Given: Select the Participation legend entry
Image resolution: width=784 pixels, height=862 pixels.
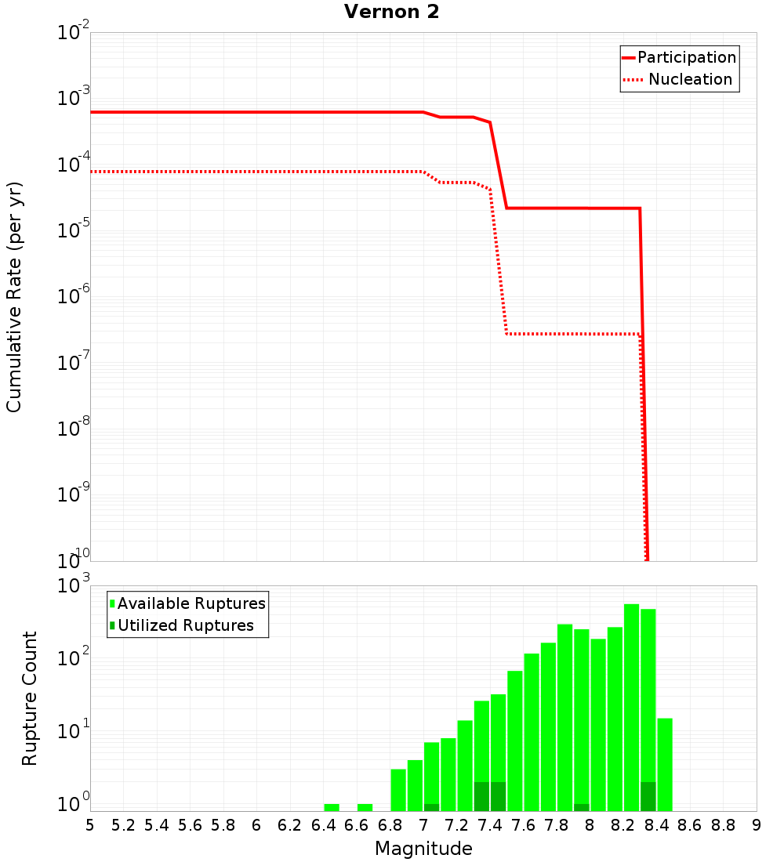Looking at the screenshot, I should click(x=687, y=57).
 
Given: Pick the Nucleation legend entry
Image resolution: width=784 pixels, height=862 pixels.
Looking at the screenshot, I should click(x=690, y=79).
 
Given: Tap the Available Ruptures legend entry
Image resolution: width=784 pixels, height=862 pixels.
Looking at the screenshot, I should click(x=191, y=603).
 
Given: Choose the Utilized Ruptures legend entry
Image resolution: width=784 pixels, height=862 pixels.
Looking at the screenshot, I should click(x=185, y=625).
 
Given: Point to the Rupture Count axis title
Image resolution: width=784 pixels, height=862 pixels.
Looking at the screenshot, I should click(x=30, y=698).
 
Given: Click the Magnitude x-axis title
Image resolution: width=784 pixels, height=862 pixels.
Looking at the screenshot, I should click(x=423, y=849).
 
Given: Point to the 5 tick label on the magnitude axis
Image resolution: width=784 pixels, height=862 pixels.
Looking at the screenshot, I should click(x=90, y=825).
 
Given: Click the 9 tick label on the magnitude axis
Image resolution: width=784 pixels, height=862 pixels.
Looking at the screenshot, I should click(x=757, y=825).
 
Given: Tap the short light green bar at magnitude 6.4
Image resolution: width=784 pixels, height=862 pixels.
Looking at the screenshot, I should click(x=332, y=807).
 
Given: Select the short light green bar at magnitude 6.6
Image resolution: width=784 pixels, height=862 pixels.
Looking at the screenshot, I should click(x=365, y=807).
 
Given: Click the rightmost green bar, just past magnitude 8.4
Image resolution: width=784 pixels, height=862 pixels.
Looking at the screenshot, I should click(x=665, y=764).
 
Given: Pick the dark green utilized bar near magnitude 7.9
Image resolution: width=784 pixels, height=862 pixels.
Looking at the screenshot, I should click(x=581, y=807).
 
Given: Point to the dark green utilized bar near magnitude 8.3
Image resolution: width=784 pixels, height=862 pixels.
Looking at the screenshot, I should click(x=648, y=796).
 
